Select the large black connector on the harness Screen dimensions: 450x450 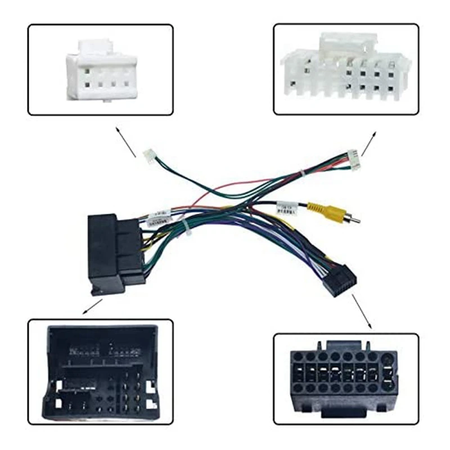click(115, 253)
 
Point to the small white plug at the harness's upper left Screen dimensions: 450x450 click(150, 156)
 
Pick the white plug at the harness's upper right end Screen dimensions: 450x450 click(353, 159)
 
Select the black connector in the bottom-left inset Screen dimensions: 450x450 click(100, 371)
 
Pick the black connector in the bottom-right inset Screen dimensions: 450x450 click(343, 374)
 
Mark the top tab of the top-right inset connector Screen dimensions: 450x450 click(348, 41)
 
